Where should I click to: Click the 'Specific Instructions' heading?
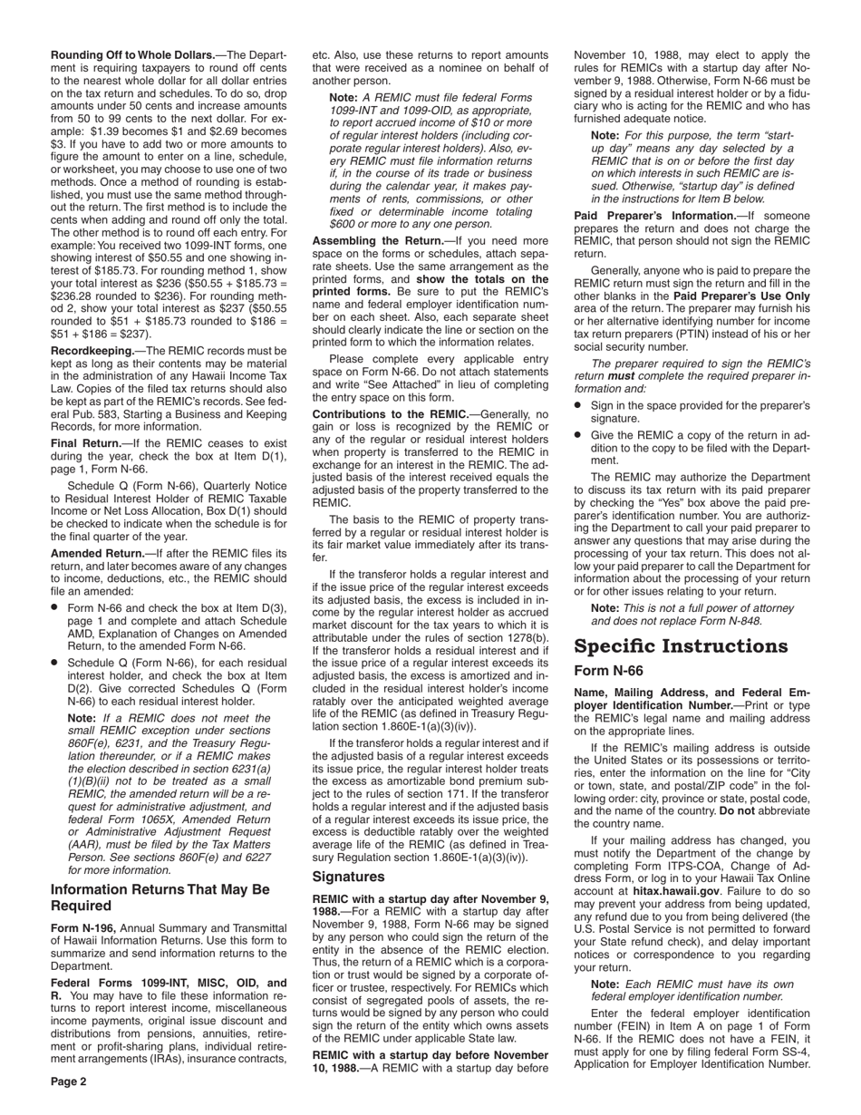[681, 646]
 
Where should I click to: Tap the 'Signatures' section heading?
[348, 877]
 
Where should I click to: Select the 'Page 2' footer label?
[69, 1081]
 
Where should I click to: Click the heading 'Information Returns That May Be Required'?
[160, 897]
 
